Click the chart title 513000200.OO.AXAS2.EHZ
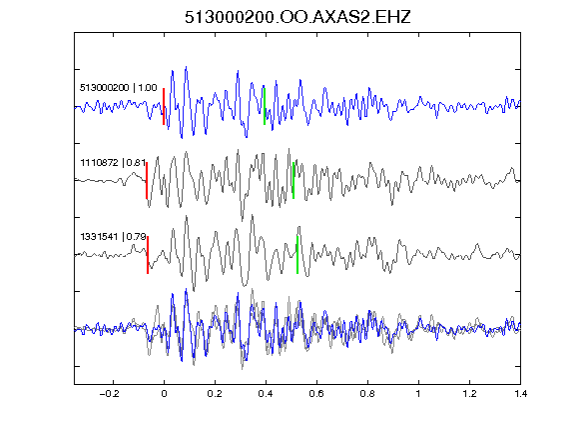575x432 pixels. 297,17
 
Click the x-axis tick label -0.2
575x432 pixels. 109,394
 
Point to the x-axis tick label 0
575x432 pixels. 164,394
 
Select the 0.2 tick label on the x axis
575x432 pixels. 215,394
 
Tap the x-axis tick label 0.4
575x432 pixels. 266,394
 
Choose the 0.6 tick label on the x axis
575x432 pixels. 316,394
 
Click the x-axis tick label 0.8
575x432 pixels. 367,394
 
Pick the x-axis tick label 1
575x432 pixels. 418,394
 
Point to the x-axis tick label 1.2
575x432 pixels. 469,394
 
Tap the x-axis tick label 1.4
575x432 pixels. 520,394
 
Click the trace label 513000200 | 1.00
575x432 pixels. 119,88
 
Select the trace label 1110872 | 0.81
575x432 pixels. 113,162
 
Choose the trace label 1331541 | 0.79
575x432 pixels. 114,237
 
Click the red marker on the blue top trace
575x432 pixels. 164,107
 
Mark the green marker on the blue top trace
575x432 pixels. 265,107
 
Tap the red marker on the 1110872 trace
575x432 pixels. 147,181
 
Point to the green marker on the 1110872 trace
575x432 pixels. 293,181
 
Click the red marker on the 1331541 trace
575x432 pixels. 148,255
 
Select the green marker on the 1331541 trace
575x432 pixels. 297,255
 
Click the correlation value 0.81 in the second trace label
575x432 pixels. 136,162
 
